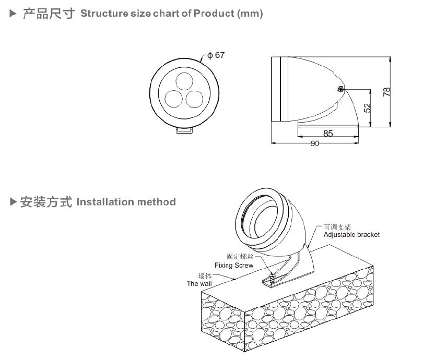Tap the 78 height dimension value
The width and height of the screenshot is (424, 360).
[x=386, y=92]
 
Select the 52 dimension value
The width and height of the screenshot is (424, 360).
[x=367, y=107]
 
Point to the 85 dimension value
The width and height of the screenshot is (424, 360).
[x=328, y=134]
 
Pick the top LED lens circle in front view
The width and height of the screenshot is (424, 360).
[x=183, y=81]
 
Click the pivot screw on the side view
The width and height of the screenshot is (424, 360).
[x=340, y=90]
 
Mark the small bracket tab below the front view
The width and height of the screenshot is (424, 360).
[x=183, y=131]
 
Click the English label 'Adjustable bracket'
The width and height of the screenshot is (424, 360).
[x=351, y=235]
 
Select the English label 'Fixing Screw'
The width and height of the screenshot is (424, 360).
[x=234, y=266]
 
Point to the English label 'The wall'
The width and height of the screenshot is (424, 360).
[x=199, y=284]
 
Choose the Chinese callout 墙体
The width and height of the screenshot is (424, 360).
[x=205, y=276]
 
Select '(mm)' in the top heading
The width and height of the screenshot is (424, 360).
[x=250, y=14]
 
